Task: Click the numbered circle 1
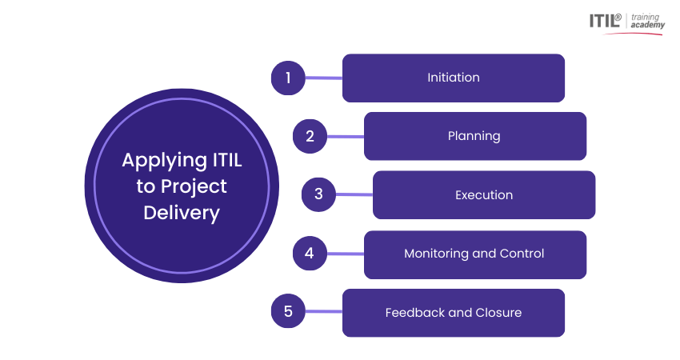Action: pos(288,78)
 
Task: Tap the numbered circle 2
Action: pos(310,136)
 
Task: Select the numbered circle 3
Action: pos(318,194)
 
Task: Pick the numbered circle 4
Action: pos(310,254)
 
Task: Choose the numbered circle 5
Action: pos(288,311)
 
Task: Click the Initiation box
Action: pos(454,78)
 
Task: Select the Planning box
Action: pos(475,136)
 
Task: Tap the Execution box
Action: pos(484,194)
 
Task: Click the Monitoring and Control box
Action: pos(475,254)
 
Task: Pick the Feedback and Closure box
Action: pos(454,313)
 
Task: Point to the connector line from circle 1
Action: pos(323,78)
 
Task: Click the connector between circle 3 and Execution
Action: pos(354,194)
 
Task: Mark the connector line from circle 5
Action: pos(323,311)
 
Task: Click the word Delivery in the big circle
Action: pos(182,214)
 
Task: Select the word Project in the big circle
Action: pos(194,187)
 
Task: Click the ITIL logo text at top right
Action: pos(605,20)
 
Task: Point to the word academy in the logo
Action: pos(647,25)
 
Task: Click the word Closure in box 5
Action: pos(498,312)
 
